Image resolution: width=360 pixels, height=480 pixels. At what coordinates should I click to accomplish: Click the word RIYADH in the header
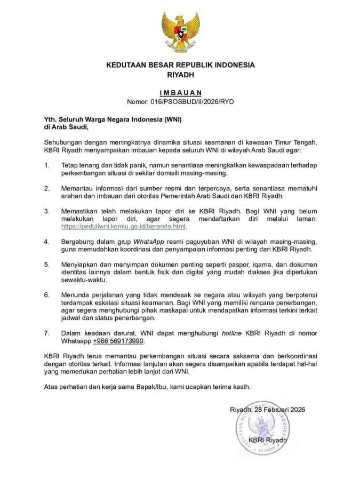pyautogui.click(x=180, y=75)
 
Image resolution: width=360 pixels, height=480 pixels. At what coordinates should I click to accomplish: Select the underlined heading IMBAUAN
pyautogui.click(x=180, y=92)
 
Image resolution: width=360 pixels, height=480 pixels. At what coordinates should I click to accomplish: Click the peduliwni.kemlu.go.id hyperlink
pyautogui.click(x=124, y=227)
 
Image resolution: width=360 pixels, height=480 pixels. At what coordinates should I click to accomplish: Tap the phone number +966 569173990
pyautogui.click(x=118, y=341)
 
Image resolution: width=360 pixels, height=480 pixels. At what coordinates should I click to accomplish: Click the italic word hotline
pyautogui.click(x=232, y=333)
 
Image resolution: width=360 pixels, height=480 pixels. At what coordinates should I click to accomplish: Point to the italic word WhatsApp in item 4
pyautogui.click(x=148, y=242)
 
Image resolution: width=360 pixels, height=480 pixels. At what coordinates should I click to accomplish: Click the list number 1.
pyautogui.click(x=46, y=165)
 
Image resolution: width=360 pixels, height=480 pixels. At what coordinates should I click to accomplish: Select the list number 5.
pyautogui.click(x=46, y=265)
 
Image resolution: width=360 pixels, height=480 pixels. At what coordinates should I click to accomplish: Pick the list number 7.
pyautogui.click(x=46, y=333)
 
